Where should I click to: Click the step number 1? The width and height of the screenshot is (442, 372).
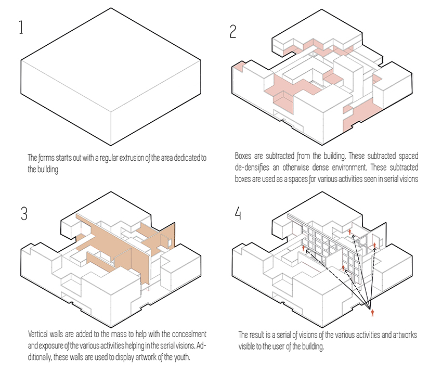21,27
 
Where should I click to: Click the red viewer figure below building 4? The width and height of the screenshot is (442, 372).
372,313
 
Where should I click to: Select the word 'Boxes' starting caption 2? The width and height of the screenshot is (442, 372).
244,156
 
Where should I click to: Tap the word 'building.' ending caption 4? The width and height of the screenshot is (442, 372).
309,345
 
